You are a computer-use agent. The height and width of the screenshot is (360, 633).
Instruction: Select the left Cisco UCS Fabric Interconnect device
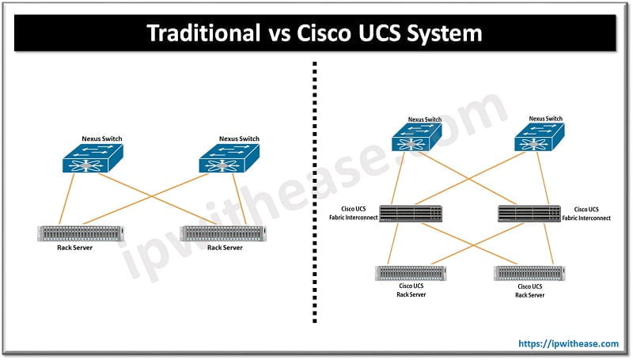(x=410, y=213)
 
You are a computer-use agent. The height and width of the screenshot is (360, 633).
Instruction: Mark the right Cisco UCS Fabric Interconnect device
(x=529, y=213)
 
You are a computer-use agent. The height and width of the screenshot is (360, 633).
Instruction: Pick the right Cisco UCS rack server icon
(x=529, y=273)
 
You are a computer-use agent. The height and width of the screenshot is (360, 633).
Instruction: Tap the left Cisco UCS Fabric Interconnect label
(x=352, y=213)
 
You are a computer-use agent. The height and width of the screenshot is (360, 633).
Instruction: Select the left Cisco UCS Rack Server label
(x=411, y=290)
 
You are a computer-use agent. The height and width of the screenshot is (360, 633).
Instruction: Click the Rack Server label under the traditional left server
(x=70, y=248)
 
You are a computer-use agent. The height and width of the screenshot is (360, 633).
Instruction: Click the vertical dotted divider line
(x=315, y=198)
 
